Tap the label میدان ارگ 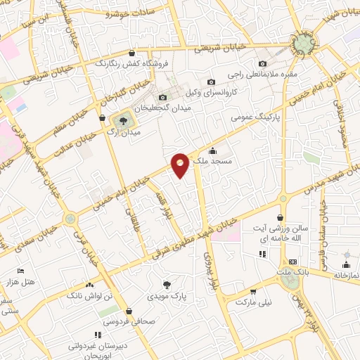(127, 131)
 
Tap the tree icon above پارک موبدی (167, 285)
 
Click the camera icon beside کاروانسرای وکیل (211, 83)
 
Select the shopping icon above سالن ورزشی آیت (281, 218)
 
